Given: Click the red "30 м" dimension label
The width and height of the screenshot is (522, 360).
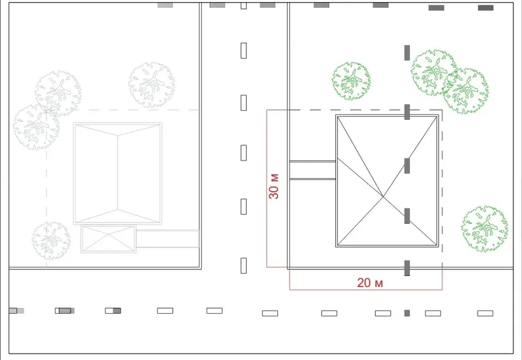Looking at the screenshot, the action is point(273,187).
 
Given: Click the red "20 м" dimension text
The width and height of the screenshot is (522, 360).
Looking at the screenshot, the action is point(370,283).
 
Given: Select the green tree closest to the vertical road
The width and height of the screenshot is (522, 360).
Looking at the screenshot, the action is point(351,81).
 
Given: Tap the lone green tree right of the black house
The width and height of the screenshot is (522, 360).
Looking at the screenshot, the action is point(485,228).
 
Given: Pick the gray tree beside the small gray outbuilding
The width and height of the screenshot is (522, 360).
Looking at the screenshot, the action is point(51,241).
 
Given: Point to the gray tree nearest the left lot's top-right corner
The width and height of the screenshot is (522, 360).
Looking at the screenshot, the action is point(151,85).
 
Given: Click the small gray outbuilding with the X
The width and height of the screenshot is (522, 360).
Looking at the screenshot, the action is point(108,239).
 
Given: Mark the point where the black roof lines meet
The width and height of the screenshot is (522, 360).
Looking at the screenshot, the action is point(384,197).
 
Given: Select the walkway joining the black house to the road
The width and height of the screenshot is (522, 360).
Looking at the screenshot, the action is point(313,170).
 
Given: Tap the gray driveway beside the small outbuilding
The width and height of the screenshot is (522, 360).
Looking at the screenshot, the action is point(168,239).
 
